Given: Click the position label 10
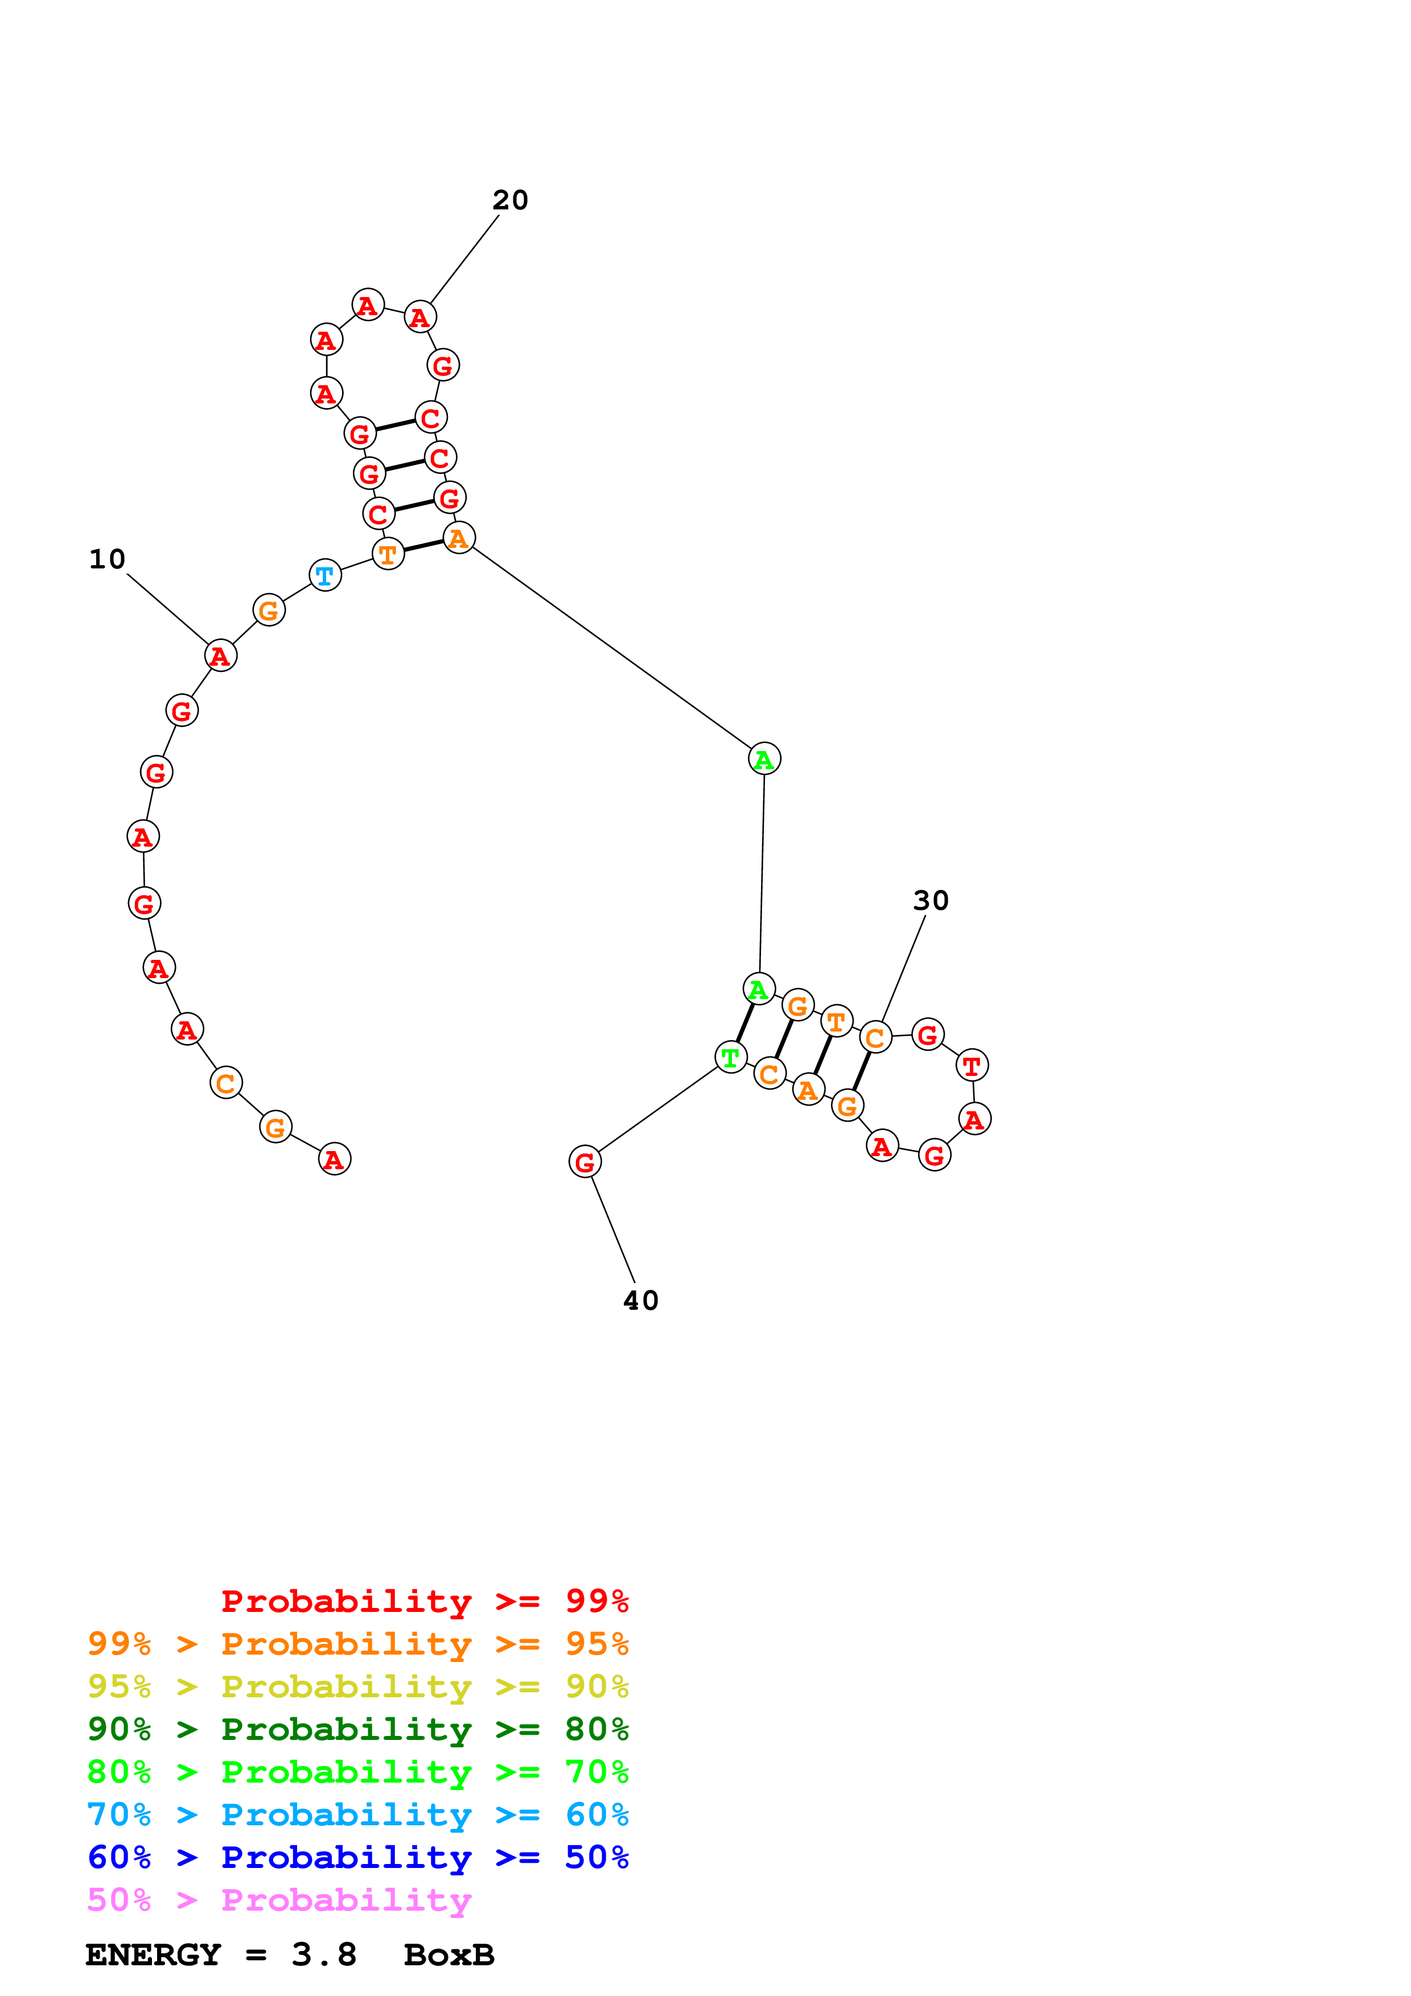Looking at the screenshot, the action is pyautogui.click(x=107, y=559).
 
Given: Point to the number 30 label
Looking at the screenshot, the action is pyautogui.click(x=930, y=901).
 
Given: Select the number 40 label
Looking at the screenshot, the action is pyautogui.click(x=641, y=1301).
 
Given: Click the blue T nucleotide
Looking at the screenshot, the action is pyautogui.click(x=325, y=575).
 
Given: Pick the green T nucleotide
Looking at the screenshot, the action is pyautogui.click(x=730, y=1057).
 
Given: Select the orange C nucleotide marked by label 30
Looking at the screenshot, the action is pyautogui.click(x=875, y=1037).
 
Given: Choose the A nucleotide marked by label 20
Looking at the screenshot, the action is pyautogui.click(x=420, y=317).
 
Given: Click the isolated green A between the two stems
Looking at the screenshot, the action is pyautogui.click(x=764, y=759).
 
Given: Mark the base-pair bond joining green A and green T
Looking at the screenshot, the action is pyautogui.click(x=745, y=1022).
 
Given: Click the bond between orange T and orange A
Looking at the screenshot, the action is pyautogui.click(x=423, y=545).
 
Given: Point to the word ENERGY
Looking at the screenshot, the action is pyautogui.click(x=153, y=1954).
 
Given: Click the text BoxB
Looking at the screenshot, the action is pyautogui.click(x=449, y=1954).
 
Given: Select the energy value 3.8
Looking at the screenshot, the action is pyautogui.click(x=323, y=1954).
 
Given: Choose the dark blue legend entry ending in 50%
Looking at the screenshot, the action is pyautogui.click(x=357, y=1857).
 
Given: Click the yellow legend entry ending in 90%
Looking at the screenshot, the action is pyautogui.click(x=357, y=1686).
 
